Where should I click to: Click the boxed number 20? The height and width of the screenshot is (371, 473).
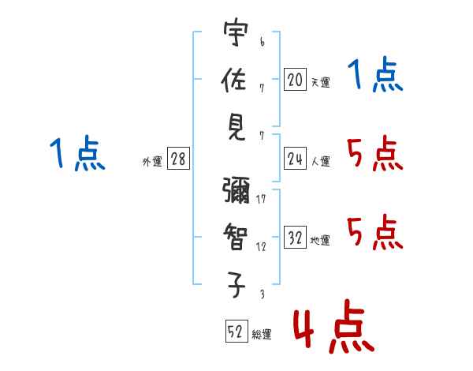295,79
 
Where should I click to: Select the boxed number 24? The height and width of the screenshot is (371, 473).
295,159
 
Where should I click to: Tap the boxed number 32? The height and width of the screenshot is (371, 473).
295,238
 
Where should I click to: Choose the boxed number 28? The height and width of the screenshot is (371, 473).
178,159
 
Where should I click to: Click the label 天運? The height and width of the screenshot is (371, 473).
320,82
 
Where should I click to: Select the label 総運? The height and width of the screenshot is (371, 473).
262,334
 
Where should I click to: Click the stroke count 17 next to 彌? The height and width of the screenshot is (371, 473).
261,199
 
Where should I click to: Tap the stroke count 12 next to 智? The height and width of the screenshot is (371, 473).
261,247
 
